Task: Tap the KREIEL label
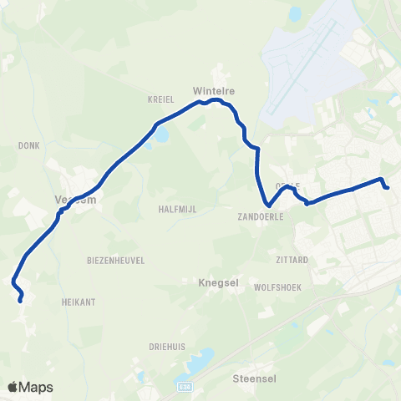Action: click(159, 98)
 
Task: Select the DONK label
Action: click(28, 145)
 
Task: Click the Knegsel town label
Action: click(217, 283)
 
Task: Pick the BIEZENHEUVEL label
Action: click(116, 261)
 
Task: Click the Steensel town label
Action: click(253, 377)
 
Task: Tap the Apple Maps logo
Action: click(30, 387)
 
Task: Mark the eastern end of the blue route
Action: click(388, 187)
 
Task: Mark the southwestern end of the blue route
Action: click(21, 297)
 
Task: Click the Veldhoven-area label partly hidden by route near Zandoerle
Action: click(287, 185)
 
